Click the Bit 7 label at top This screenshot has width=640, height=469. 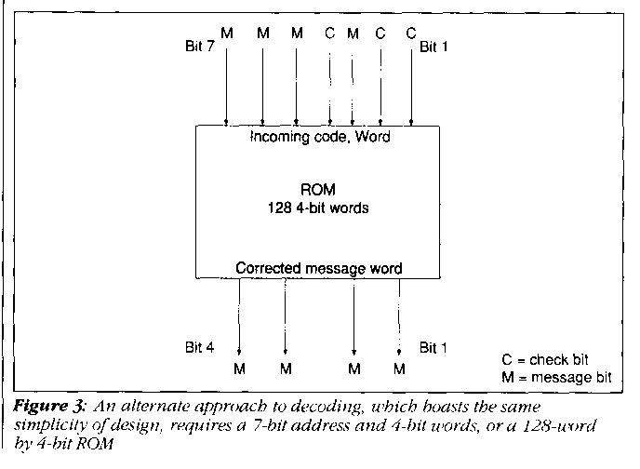[x=201, y=44]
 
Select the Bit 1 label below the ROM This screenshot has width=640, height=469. [x=434, y=348]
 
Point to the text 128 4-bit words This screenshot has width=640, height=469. [x=319, y=208]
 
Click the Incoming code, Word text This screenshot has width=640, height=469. [x=319, y=138]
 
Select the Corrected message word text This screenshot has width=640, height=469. [x=319, y=268]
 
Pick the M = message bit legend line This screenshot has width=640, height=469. [x=556, y=375]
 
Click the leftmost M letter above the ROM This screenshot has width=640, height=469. [x=226, y=34]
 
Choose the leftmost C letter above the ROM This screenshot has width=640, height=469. [x=329, y=34]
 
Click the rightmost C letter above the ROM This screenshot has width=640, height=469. [x=410, y=34]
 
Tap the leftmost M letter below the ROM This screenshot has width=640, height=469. [x=240, y=369]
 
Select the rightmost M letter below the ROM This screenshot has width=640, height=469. [x=400, y=369]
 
